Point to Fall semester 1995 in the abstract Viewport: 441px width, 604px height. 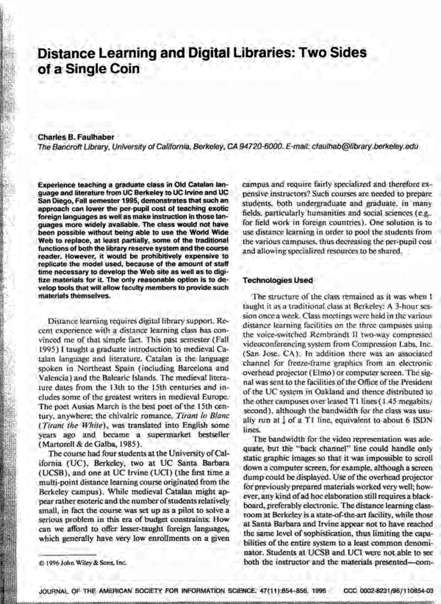tap(106, 208)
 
